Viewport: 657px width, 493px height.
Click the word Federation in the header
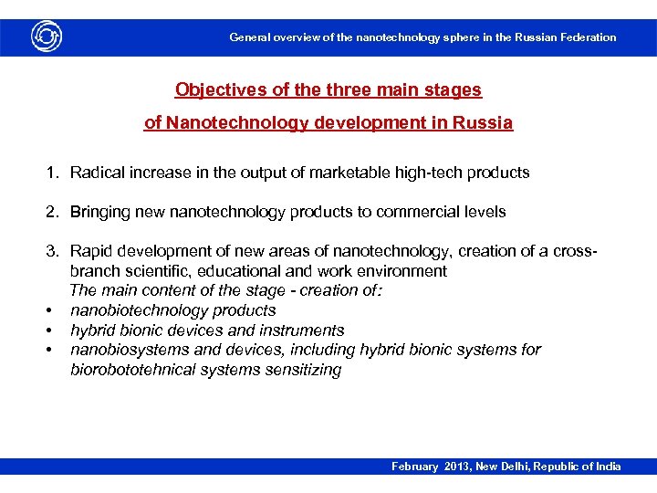(585, 37)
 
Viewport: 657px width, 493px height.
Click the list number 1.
(53, 172)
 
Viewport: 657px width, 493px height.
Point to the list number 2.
(53, 212)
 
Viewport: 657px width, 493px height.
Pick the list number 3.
(53, 251)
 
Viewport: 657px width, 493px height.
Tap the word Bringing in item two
(101, 212)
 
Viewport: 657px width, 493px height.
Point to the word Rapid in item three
(90, 251)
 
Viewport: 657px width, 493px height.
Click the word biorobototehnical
(137, 370)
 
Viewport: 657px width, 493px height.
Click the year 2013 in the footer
(459, 467)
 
